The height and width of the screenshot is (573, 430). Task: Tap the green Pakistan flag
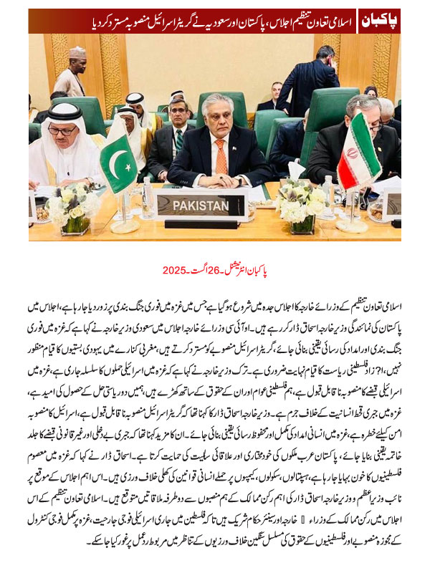(x=118, y=163)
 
